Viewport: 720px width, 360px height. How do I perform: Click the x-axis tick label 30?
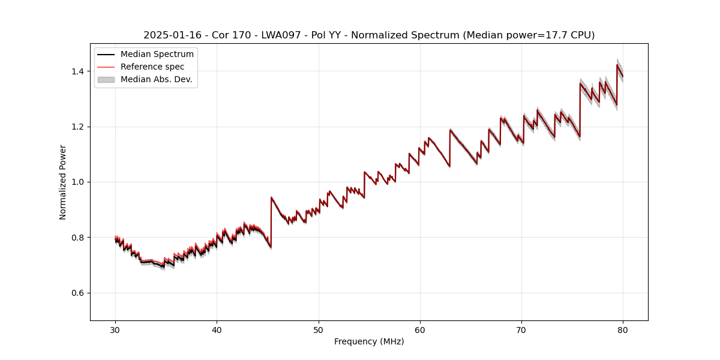116,329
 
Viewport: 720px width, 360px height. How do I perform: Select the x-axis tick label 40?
217,329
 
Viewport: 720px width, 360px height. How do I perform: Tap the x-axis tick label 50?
319,329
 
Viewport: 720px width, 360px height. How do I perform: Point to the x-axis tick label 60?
420,329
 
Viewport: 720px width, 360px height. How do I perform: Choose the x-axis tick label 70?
521,329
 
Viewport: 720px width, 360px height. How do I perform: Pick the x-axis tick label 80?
623,329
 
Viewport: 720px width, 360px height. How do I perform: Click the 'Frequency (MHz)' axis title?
369,341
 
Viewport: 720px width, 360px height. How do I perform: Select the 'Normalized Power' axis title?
63,182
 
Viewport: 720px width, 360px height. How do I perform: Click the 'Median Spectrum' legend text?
157,55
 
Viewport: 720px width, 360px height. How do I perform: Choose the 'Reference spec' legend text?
152,67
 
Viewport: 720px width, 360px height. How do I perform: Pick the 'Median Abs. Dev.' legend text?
157,79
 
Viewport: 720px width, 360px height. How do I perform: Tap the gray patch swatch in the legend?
106,79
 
